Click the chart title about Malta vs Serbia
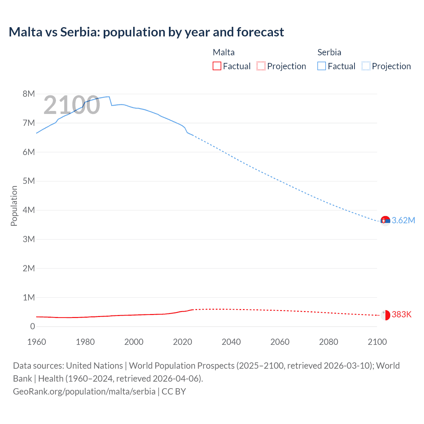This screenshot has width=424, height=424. click(146, 32)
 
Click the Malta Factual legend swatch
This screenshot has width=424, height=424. click(217, 66)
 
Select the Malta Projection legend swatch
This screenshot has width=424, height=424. click(261, 66)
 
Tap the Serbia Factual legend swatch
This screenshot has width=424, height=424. click(322, 66)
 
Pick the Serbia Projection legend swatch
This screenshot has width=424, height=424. click(366, 66)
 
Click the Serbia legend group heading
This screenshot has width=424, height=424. click(329, 52)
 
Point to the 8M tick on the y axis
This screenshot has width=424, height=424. click(29, 94)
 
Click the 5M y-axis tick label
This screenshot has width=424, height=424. click(29, 181)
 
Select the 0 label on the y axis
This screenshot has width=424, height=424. click(32, 326)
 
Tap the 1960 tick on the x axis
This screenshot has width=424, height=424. click(36, 342)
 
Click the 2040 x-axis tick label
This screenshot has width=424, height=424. click(231, 342)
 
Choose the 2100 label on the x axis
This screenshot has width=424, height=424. click(377, 342)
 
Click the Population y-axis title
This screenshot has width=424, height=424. click(14, 206)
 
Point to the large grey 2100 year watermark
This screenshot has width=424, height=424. click(72, 105)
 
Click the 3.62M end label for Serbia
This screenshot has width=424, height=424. click(403, 220)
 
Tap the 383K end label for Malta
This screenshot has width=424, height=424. click(401, 314)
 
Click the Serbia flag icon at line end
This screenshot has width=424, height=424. click(385, 221)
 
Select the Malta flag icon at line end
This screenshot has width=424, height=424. click(385, 315)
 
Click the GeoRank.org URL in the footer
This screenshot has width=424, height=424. click(84, 391)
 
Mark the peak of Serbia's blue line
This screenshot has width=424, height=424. click(108, 97)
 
